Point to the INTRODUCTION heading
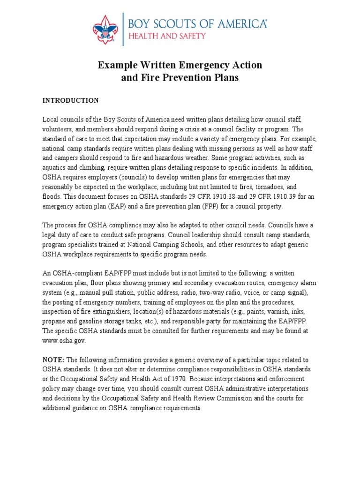coord(71,100)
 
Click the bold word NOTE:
coord(54,360)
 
